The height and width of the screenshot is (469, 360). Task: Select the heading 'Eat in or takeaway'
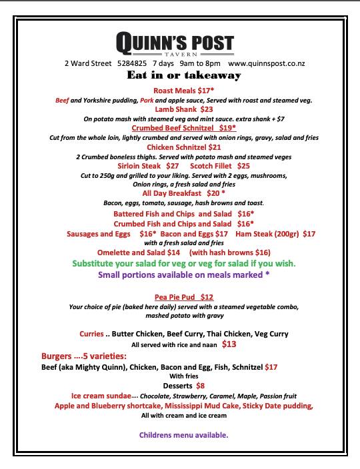pos(183,76)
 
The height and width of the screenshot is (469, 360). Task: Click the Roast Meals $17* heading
pos(183,89)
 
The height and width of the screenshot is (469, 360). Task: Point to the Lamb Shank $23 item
pos(183,109)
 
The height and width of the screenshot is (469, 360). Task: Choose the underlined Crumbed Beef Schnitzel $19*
pos(183,127)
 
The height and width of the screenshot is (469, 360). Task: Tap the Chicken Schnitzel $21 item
pos(183,147)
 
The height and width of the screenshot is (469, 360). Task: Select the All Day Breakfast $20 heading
pos(183,193)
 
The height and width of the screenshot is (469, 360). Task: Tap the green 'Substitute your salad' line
pos(183,263)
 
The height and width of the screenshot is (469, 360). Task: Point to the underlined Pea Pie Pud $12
pos(183,297)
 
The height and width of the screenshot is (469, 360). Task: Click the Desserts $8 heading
pos(183,385)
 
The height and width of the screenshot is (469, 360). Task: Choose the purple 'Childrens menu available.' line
pos(183,435)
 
